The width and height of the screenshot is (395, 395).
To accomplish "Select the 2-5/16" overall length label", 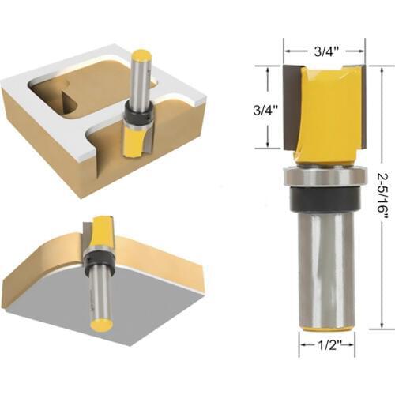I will [382, 196].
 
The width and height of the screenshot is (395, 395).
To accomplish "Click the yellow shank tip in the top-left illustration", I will [141, 56].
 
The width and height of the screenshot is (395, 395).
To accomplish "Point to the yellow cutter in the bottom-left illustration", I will [103, 234].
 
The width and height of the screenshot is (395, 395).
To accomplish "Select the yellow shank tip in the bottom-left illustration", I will [100, 324].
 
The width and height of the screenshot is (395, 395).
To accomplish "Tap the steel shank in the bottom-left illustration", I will [101, 296].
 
